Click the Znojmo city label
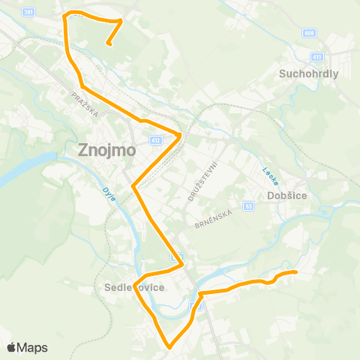tap(107, 149)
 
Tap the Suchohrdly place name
tap(309, 74)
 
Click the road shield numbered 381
tap(28, 12)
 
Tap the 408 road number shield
tap(310, 34)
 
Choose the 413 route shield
tap(317, 57)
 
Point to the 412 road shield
tap(155, 139)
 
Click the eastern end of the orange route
tap(296, 271)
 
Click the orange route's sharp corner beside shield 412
tap(180, 135)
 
